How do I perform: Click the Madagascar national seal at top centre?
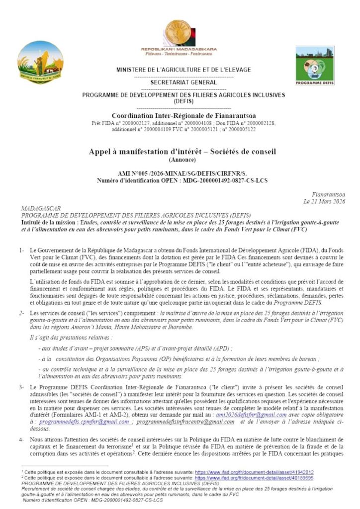(180, 33)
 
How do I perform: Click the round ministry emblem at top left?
(40, 62)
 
